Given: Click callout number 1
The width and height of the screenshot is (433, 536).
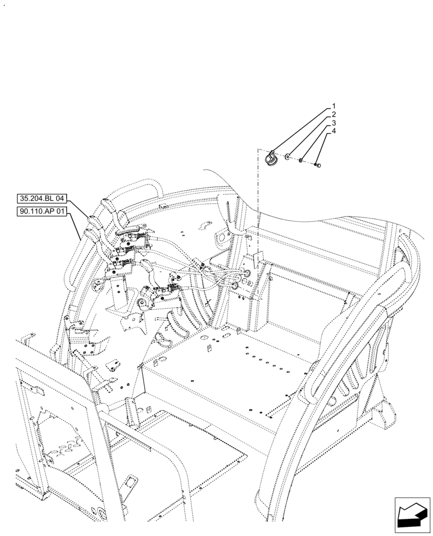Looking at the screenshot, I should [x=333, y=106].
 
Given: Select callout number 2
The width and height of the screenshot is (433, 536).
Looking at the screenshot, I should [x=333, y=115].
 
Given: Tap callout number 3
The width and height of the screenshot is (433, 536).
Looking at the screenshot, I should [x=333, y=123].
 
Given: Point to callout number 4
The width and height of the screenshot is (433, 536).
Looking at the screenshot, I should [x=333, y=131].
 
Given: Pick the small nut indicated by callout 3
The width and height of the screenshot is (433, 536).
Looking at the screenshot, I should [x=302, y=160].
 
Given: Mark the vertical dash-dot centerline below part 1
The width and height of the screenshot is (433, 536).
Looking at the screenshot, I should [x=258, y=204].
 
